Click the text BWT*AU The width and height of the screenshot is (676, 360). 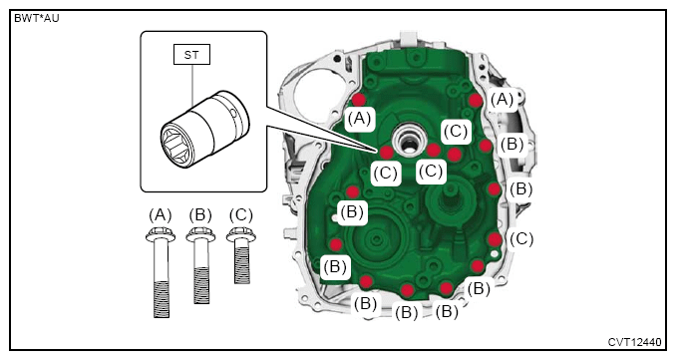(37, 19)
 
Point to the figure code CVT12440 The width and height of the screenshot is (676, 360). (634, 342)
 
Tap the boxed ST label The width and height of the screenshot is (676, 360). (191, 55)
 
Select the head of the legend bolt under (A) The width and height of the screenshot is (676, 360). (161, 234)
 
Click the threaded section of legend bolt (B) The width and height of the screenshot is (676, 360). (201, 285)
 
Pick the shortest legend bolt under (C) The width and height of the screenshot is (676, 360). (242, 255)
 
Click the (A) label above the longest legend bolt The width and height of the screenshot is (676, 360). (161, 214)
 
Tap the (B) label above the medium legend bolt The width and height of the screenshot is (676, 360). (200, 214)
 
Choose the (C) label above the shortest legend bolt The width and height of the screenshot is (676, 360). (241, 214)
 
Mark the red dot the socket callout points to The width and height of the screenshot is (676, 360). (386, 153)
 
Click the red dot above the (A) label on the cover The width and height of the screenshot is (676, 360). (358, 100)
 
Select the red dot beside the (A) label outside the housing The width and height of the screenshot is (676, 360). (476, 101)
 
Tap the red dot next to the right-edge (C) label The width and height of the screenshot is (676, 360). (495, 239)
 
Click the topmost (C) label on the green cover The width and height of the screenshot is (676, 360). (456, 131)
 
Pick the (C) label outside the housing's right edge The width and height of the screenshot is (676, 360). (521, 239)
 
